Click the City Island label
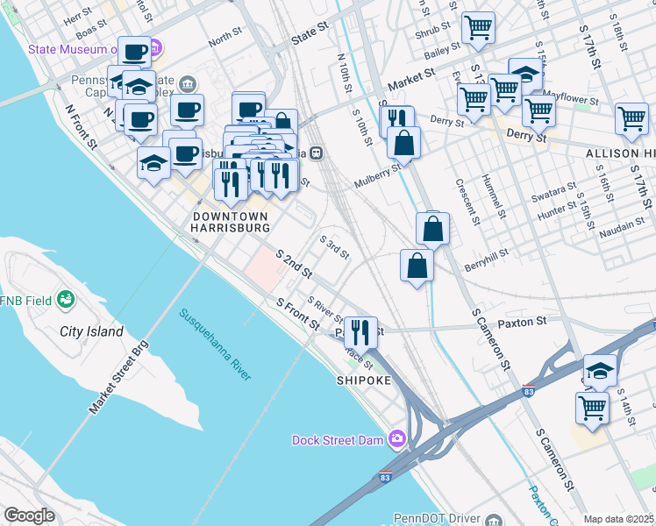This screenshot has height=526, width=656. pos(92,332)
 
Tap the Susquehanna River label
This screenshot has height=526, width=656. pos(216,344)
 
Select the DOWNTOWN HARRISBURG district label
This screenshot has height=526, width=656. pos(231,221)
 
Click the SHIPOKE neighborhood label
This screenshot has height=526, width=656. pos(362,381)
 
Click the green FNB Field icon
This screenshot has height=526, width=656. pos(64,301)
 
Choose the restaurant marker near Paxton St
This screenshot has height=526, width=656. pos(360,331)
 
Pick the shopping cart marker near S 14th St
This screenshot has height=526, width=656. pos(592,407)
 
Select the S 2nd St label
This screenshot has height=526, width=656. pos(294,264)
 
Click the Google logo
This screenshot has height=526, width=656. pos(29,515)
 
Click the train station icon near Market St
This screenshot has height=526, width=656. pos(315,153)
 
